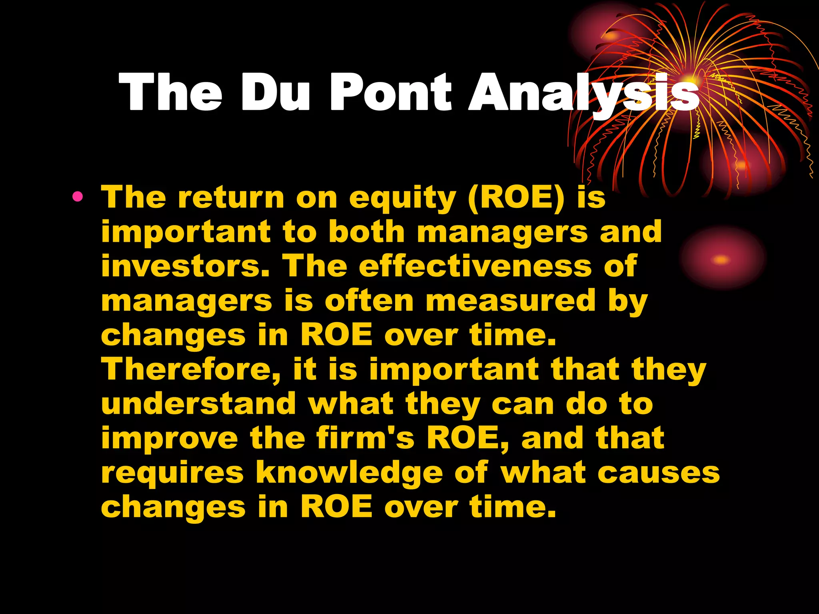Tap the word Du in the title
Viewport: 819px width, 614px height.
point(275,93)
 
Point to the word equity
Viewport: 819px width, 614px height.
point(402,199)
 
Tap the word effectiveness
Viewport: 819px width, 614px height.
point(475,266)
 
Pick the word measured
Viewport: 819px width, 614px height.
point(511,301)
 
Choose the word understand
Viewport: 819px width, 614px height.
point(198,404)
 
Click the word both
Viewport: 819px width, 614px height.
point(367,232)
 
